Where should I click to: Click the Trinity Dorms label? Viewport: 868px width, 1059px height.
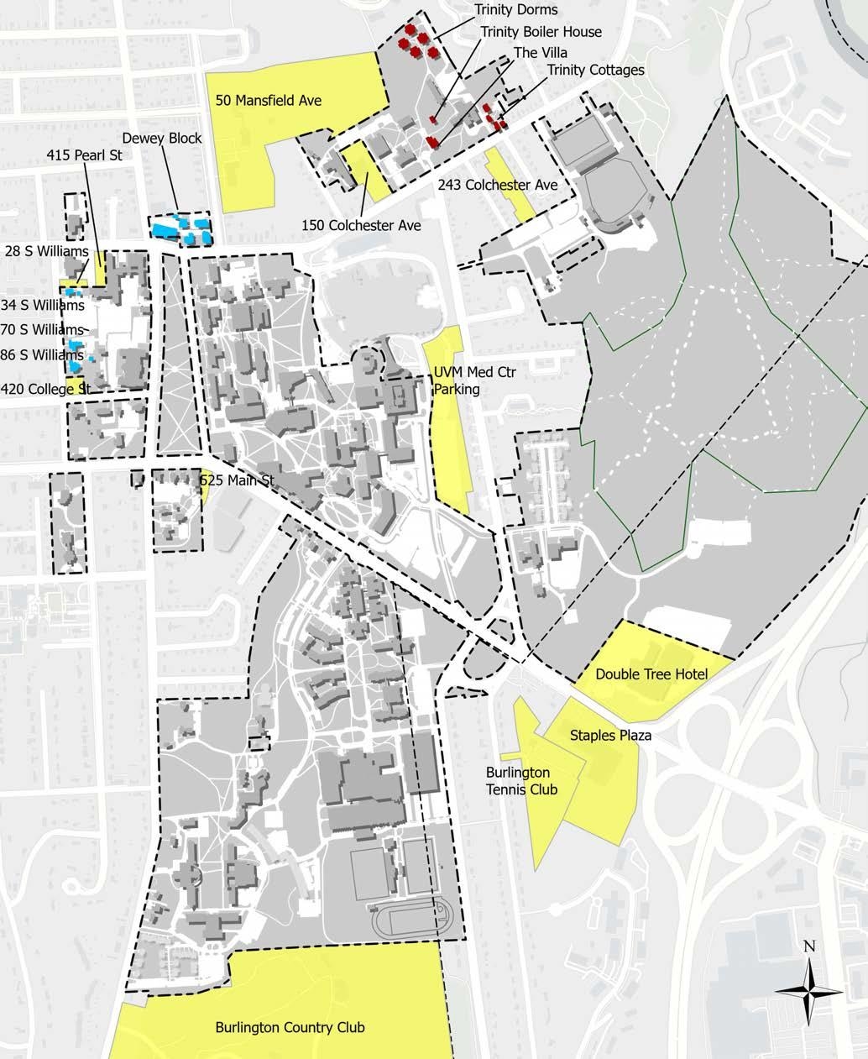click(515, 10)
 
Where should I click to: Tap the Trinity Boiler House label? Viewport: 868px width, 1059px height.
click(541, 32)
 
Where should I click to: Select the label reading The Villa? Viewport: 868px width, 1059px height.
click(541, 52)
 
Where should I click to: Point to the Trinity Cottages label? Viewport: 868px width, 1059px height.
click(595, 70)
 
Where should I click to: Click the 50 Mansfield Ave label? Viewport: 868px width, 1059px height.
click(269, 101)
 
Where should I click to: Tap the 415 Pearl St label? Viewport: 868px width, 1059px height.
click(84, 155)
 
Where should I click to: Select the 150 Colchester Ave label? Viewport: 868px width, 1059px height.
click(361, 225)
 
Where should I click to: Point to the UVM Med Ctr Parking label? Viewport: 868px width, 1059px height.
click(458, 381)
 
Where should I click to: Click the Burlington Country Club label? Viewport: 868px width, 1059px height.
click(290, 1027)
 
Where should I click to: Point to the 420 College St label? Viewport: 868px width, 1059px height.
click(45, 389)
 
